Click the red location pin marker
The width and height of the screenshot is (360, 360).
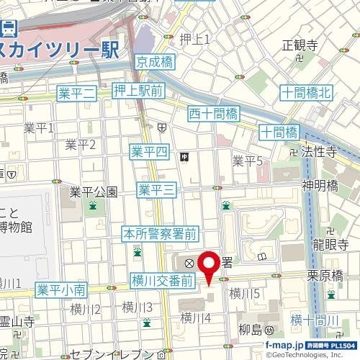click(209, 266)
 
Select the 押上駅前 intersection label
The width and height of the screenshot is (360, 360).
click(139, 90)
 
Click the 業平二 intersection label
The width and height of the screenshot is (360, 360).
click(76, 92)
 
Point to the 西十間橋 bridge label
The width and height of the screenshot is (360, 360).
click(213, 113)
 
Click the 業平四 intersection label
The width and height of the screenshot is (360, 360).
click(149, 151)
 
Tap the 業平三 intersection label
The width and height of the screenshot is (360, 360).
click(157, 189)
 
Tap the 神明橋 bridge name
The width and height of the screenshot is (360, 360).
click(320, 185)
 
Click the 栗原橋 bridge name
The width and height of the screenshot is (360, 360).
click(323, 275)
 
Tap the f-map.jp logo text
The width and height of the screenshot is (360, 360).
click(284, 344)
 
